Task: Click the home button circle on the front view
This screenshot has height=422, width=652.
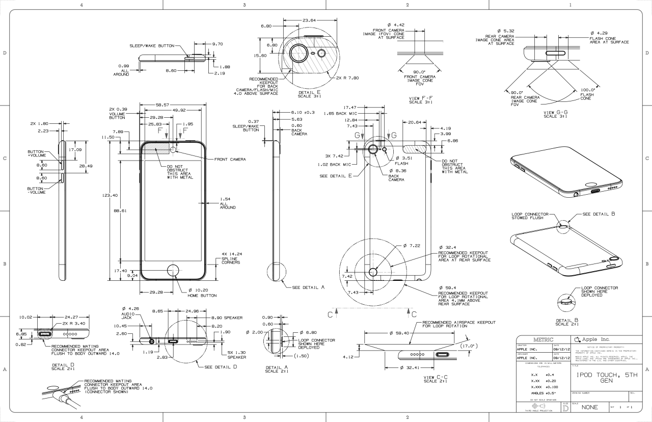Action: pos(173,271)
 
